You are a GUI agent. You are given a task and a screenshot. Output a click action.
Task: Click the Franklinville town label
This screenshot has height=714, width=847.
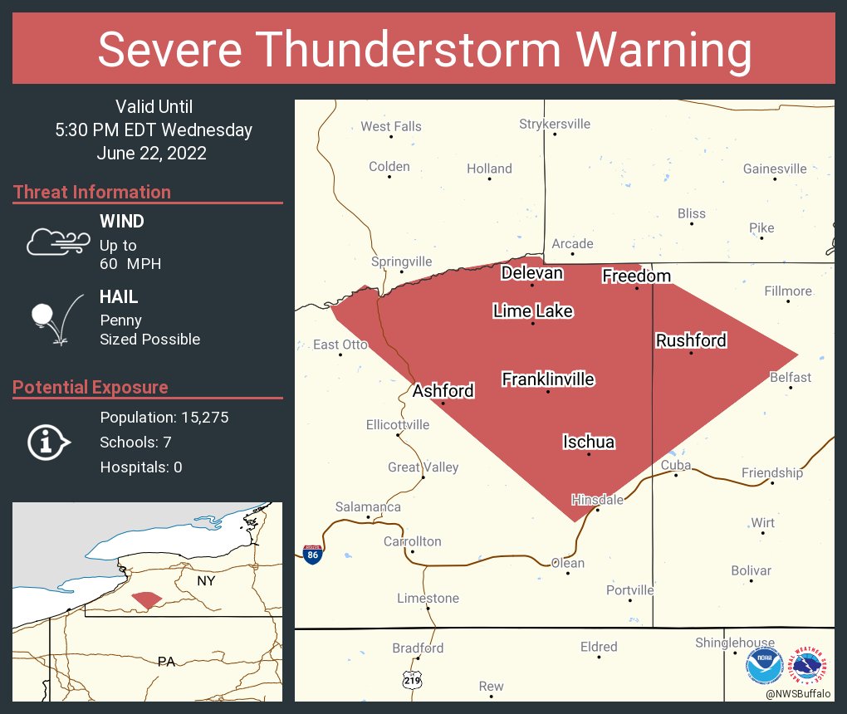[548, 379]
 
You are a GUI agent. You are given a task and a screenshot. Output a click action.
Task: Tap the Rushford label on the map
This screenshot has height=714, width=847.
[691, 340]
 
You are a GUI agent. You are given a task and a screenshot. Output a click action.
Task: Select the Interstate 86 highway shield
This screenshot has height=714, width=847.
[313, 555]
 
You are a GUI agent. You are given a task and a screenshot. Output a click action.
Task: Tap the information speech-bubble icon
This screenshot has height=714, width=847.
[49, 442]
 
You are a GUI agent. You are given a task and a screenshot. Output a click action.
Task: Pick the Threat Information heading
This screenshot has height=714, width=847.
[92, 192]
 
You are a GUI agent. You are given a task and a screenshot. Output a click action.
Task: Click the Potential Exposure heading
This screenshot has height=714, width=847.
[91, 387]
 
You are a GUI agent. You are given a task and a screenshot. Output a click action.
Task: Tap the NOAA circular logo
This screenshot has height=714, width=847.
[764, 665]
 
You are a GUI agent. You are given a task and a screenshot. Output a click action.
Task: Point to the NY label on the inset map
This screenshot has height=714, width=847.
[206, 581]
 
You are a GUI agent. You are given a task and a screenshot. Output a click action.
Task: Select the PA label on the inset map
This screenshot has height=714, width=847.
[166, 662]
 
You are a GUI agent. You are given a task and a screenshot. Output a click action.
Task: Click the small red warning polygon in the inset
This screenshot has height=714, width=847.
[148, 599]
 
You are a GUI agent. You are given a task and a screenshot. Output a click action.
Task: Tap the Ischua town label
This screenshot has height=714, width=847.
[589, 442]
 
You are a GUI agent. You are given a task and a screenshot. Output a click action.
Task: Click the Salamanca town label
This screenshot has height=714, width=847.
[368, 506]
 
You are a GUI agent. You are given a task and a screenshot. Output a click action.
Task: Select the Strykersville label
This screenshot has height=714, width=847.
[555, 124]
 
